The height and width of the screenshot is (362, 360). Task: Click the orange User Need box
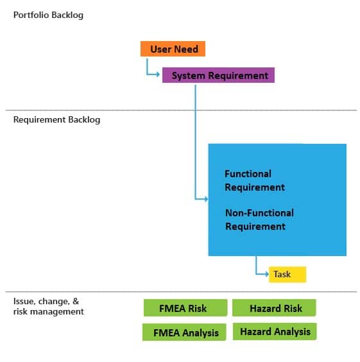coord(173,49)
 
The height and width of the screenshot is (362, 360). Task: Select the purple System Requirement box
coord(218,75)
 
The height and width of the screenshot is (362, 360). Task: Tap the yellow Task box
coord(287,274)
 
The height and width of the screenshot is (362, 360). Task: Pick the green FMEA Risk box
coord(185,307)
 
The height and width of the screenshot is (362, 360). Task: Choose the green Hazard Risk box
coord(274,307)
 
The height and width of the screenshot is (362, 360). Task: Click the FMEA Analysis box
coord(184,332)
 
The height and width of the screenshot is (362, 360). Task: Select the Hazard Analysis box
coord(275,331)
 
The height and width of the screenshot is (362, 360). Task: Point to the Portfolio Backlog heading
coord(48,15)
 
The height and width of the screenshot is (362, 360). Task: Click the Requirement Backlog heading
coord(56,119)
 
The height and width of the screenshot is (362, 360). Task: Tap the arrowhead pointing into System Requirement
coord(158,74)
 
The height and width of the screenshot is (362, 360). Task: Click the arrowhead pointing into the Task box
coord(267,274)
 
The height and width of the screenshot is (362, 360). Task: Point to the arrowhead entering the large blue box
coord(206,199)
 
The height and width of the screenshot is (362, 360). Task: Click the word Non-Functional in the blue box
coord(259,213)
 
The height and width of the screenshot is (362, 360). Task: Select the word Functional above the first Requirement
coord(248,174)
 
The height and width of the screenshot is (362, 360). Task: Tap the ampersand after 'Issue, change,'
coord(76,301)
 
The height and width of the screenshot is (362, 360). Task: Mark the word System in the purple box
coord(188,76)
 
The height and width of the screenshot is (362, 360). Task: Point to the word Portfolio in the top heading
coord(31,15)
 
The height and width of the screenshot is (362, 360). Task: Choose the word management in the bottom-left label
coord(57,312)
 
